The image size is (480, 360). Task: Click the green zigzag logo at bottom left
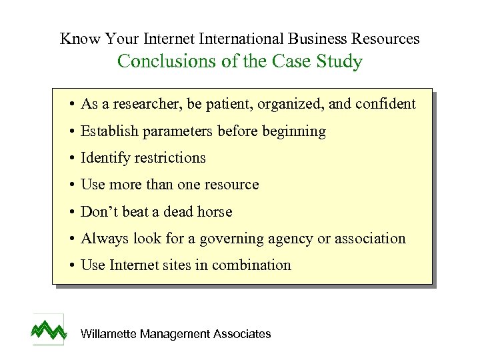point(49,329)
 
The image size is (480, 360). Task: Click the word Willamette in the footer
point(108,334)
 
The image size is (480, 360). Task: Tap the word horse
point(215,212)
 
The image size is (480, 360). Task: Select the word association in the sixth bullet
point(370,239)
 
